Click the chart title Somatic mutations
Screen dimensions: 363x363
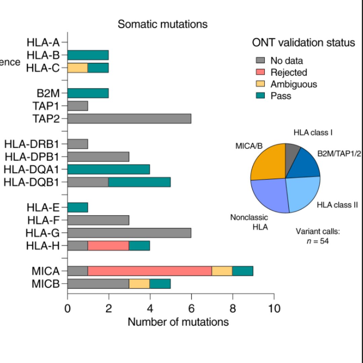click(162, 24)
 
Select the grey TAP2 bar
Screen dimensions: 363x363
click(129, 118)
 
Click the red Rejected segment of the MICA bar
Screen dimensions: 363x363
click(150, 271)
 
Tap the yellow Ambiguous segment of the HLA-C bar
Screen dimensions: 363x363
click(78, 68)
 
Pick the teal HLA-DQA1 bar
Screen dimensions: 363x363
click(109, 169)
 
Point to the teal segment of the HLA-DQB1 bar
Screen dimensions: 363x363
click(139, 182)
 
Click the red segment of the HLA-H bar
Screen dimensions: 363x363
click(109, 246)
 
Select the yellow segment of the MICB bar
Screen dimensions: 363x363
click(139, 284)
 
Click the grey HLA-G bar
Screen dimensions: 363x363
click(129, 233)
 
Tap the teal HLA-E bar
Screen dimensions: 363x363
click(78, 207)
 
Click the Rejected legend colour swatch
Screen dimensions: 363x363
click(261, 72)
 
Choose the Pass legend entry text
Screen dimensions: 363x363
click(281, 96)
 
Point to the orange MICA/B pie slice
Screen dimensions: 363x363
click(268, 161)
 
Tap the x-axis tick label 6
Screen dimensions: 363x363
click(191, 309)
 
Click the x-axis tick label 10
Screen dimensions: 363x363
click(274, 309)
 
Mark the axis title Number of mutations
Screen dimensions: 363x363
click(178, 322)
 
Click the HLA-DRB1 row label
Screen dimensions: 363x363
click(32, 144)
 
